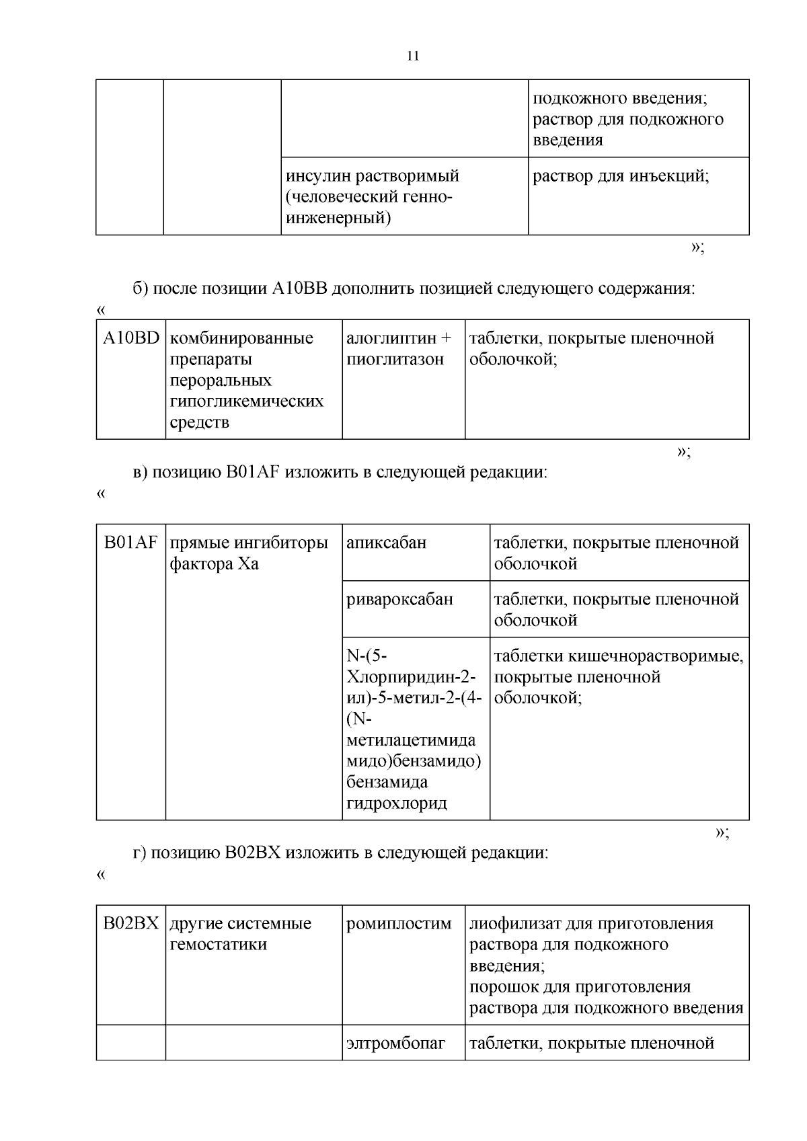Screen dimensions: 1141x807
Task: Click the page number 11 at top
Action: [x=413, y=56]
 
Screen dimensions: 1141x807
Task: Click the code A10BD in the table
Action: [x=131, y=338]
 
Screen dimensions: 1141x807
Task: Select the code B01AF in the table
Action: [x=131, y=543]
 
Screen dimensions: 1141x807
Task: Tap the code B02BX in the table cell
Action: [x=131, y=923]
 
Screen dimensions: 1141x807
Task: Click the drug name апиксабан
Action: [x=386, y=543]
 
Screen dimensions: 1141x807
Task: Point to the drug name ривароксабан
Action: [x=399, y=599]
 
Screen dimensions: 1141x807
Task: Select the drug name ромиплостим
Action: [x=399, y=923]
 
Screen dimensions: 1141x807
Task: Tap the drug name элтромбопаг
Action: [x=395, y=1044]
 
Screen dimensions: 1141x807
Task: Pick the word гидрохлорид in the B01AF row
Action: [x=397, y=803]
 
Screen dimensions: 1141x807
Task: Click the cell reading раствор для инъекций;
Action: [x=621, y=176]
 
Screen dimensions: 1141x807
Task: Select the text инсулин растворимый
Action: [x=373, y=176]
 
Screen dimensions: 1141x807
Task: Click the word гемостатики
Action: [x=218, y=945]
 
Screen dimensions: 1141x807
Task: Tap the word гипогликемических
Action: [x=246, y=401]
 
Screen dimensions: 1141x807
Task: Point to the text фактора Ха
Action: [x=214, y=564]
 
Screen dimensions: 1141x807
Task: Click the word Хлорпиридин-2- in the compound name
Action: [x=411, y=677]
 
